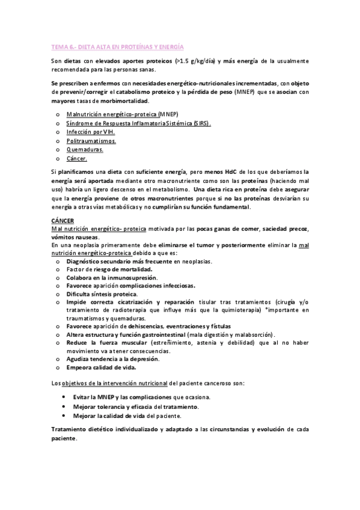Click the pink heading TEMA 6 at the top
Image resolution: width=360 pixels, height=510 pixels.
[x=118, y=46]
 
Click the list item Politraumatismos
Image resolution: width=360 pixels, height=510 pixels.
[x=91, y=140]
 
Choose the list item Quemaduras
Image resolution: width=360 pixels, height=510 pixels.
[x=85, y=150]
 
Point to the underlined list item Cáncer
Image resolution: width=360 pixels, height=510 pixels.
[x=78, y=159]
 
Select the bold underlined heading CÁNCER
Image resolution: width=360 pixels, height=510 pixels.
[x=62, y=221]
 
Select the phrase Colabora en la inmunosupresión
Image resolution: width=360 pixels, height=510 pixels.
[x=114, y=277]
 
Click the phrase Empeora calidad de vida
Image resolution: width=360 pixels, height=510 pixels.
[x=102, y=367]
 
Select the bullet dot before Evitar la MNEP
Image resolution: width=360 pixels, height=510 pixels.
[x=64, y=398]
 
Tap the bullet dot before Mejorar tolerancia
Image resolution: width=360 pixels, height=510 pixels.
[x=64, y=407]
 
